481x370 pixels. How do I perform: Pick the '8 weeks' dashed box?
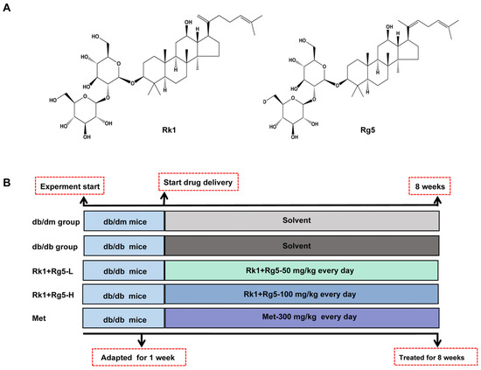pos(438,185)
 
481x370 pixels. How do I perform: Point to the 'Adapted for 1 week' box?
pos(139,357)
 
